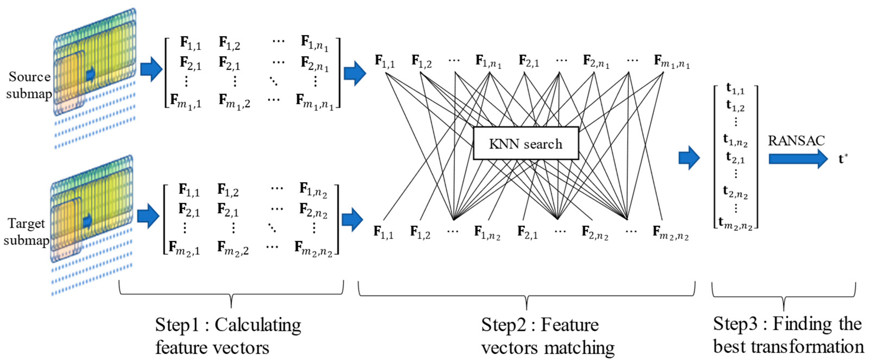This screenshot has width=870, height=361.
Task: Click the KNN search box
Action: coord(526,143)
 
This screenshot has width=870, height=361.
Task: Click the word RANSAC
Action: coord(796,140)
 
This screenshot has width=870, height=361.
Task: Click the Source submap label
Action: coord(29,85)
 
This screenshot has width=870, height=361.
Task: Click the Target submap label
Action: coord(26,232)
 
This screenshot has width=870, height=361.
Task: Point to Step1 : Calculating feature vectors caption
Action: coord(228,336)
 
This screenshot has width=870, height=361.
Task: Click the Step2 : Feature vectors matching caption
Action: coord(547,336)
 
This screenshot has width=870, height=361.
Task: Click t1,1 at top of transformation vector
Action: coord(735,89)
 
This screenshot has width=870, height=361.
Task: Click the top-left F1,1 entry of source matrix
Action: coord(191,43)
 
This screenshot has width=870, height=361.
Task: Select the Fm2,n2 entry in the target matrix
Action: coord(313,249)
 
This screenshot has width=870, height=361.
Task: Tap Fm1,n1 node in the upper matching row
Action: coord(671,62)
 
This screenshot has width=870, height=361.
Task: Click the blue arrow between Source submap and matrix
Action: coord(151,69)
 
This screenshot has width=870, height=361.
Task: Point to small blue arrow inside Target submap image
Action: coord(88,221)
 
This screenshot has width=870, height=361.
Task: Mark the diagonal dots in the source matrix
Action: coord(274,81)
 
